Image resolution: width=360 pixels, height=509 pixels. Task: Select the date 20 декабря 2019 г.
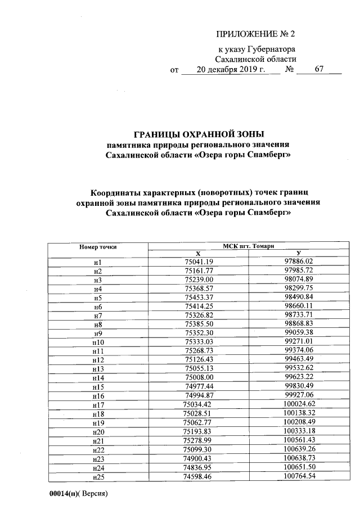click(x=231, y=70)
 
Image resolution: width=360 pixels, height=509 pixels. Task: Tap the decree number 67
click(x=319, y=70)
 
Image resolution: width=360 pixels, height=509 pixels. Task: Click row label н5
click(x=97, y=298)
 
